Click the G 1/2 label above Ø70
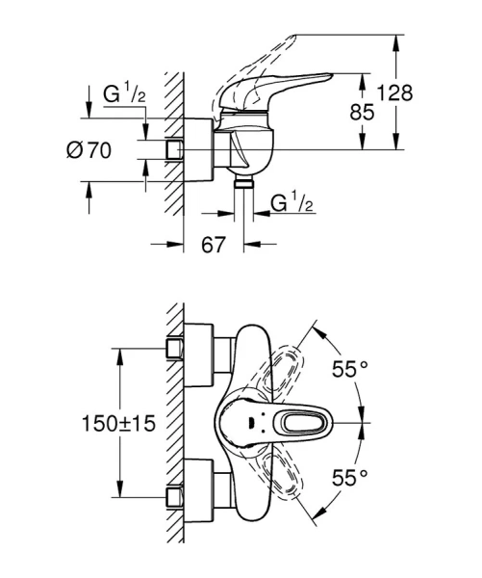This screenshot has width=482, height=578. coord(123,95)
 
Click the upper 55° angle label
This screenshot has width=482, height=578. coord(350,368)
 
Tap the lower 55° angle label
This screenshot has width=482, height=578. coord(350,477)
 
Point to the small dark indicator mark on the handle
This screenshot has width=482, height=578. coord(251,422)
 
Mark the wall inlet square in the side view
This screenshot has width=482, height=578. coord(175,149)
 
